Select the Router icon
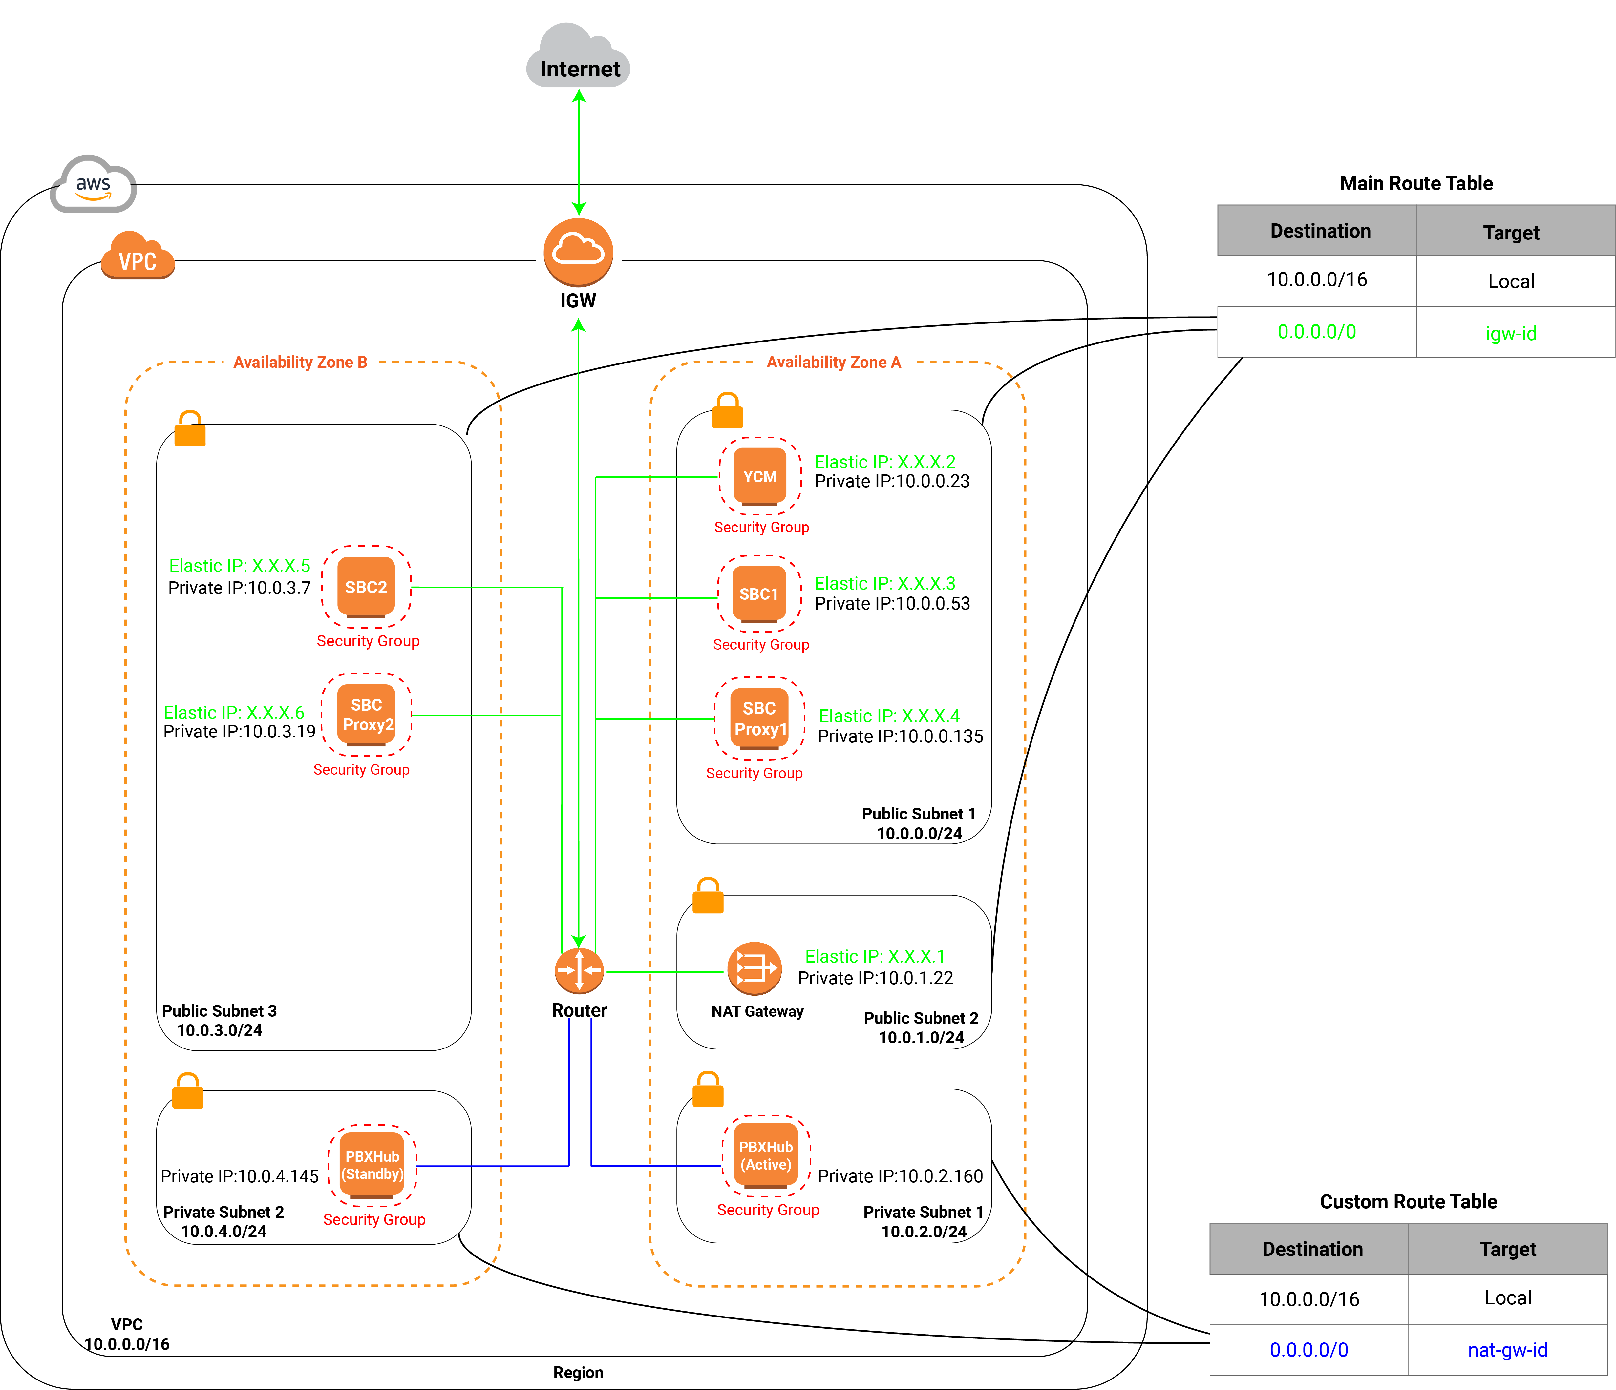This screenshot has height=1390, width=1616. [x=579, y=971]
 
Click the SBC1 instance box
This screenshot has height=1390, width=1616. [x=759, y=594]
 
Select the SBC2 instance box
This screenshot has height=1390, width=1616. [x=366, y=587]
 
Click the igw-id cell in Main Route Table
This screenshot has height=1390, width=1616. [x=1511, y=333]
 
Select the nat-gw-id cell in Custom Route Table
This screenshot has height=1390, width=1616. [x=1507, y=1349]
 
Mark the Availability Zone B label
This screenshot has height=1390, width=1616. [x=300, y=363]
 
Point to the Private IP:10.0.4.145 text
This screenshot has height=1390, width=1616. [x=240, y=1176]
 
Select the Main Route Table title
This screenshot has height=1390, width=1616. [x=1415, y=183]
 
